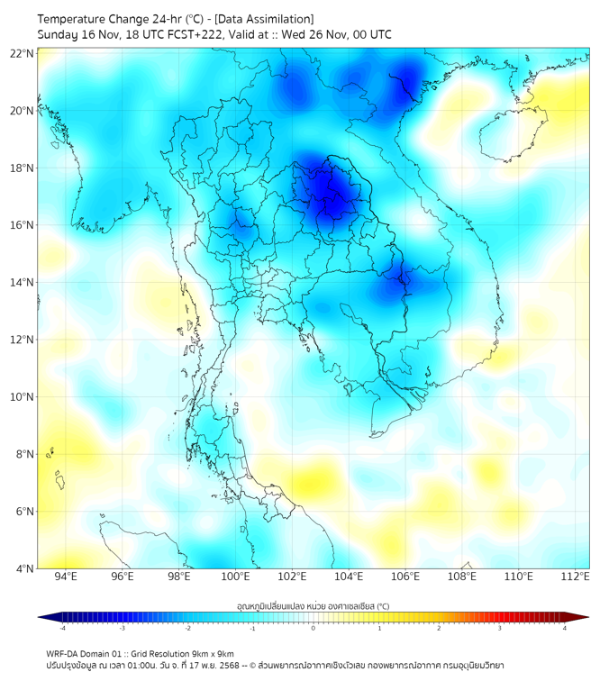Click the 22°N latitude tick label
[x=23, y=53]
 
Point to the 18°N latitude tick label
[x=23, y=168]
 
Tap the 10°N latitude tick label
[x=23, y=397]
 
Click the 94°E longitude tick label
[x=66, y=577]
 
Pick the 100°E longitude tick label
[x=236, y=577]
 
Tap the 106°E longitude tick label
[x=405, y=577]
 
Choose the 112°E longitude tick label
[x=576, y=577]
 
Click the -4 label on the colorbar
[x=62, y=628]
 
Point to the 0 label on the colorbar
[x=314, y=628]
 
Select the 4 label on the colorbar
[x=565, y=628]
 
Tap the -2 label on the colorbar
[x=187, y=628]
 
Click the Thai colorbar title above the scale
[x=313, y=605]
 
